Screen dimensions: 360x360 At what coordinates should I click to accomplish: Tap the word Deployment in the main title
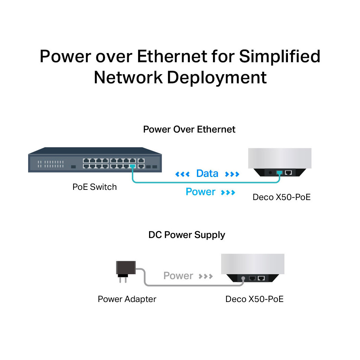pyautogui.click(x=217, y=78)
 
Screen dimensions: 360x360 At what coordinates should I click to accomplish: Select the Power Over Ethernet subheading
pyautogui.click(x=189, y=129)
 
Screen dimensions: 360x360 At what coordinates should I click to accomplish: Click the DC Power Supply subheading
pyautogui.click(x=187, y=235)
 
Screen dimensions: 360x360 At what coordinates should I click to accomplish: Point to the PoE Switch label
pyautogui.click(x=95, y=187)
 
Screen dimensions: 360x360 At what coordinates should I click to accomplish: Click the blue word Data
pyautogui.click(x=207, y=173)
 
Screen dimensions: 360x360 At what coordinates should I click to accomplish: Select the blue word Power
pyautogui.click(x=200, y=192)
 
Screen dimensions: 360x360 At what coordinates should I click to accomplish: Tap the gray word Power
pyautogui.click(x=178, y=276)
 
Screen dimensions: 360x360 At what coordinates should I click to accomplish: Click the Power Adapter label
pyautogui.click(x=127, y=299)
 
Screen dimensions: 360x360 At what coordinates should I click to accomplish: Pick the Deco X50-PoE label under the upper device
pyautogui.click(x=282, y=197)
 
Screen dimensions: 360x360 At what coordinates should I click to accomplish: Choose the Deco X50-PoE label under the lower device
pyautogui.click(x=254, y=299)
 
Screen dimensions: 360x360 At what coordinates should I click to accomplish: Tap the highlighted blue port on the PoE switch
pyautogui.click(x=133, y=166)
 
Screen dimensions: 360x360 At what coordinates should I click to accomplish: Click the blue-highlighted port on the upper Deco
pyautogui.click(x=279, y=173)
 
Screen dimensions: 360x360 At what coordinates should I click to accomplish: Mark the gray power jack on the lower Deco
pyautogui.click(x=243, y=278)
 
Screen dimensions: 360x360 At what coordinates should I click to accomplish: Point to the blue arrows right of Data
pyautogui.click(x=232, y=174)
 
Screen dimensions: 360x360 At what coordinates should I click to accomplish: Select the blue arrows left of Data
pyautogui.click(x=182, y=174)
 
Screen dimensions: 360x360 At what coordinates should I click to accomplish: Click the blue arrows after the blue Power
pyautogui.click(x=228, y=192)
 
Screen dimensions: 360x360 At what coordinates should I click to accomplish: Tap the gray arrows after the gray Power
pyautogui.click(x=206, y=276)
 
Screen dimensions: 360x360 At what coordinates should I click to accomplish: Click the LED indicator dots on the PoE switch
pyautogui.click(x=51, y=164)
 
